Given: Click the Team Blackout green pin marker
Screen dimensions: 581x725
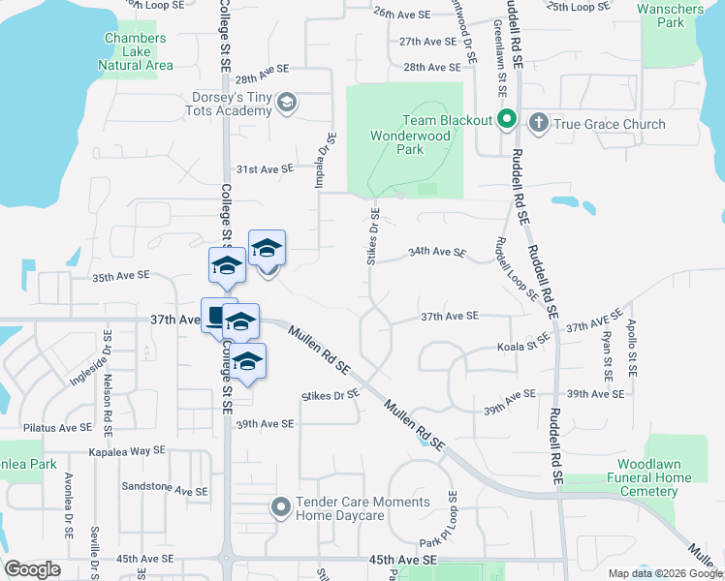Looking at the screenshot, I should pyautogui.click(x=506, y=122).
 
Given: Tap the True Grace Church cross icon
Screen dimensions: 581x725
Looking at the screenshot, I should pyautogui.click(x=538, y=123).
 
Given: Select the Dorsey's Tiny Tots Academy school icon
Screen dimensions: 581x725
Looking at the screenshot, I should pyautogui.click(x=287, y=103).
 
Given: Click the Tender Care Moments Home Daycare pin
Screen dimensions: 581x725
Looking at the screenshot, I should pyautogui.click(x=281, y=506).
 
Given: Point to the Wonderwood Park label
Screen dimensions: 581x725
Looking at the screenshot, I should pyautogui.click(x=411, y=142).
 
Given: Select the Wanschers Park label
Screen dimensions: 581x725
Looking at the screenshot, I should pyautogui.click(x=671, y=15).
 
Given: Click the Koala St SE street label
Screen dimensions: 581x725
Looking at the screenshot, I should pyautogui.click(x=523, y=347).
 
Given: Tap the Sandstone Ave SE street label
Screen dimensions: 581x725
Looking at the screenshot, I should pyautogui.click(x=168, y=491).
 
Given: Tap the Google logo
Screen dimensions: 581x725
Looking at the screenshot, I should pyautogui.click(x=33, y=569).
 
